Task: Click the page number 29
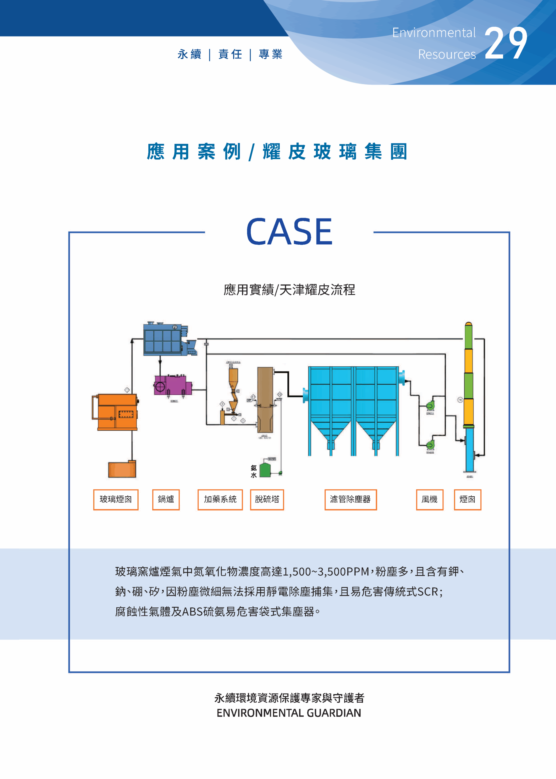click(x=506, y=44)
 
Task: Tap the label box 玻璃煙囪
click(x=116, y=499)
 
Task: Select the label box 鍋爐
click(x=166, y=499)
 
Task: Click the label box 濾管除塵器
click(x=350, y=499)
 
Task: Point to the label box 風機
click(x=429, y=499)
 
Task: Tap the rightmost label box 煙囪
click(x=467, y=499)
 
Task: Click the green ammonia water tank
click(x=265, y=470)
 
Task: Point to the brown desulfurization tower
click(x=265, y=400)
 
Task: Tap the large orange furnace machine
click(x=116, y=412)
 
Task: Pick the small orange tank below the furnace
click(x=122, y=469)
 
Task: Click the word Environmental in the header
click(x=434, y=33)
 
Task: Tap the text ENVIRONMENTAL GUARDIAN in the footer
click(x=289, y=713)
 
